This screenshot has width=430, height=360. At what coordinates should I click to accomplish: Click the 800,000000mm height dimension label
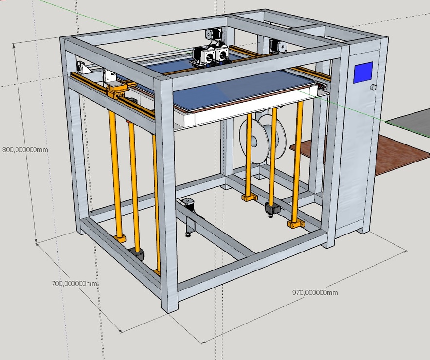click(x=25, y=150)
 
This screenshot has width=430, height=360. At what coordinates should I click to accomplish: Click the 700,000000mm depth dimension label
click(x=74, y=283)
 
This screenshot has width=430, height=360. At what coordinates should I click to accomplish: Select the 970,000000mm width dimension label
click(x=315, y=292)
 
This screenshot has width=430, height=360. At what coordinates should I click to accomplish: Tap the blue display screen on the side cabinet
click(x=363, y=72)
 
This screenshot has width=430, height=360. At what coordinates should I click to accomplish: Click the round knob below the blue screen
click(x=373, y=88)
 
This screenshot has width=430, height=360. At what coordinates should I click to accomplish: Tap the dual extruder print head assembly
click(x=210, y=55)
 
